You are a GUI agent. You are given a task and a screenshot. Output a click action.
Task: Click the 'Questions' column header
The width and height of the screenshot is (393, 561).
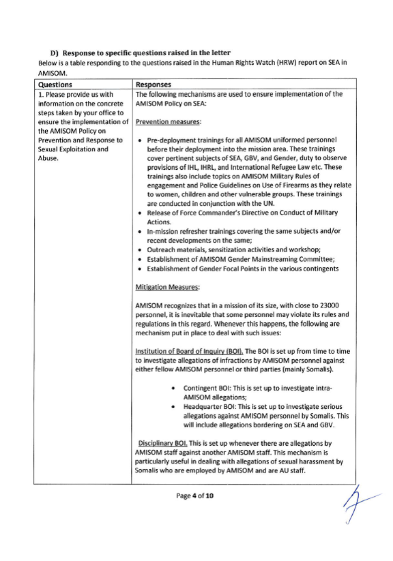click(55, 84)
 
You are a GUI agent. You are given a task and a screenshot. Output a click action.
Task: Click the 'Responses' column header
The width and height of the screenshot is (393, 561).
click(153, 84)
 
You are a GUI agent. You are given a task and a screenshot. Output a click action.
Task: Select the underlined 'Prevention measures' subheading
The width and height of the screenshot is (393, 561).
click(168, 122)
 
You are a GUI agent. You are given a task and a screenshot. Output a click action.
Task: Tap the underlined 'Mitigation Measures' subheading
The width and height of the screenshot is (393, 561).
click(167, 287)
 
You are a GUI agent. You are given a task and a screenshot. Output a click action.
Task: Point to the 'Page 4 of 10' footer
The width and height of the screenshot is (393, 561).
click(195, 495)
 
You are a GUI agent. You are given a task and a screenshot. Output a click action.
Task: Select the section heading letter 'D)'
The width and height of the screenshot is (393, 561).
click(54, 53)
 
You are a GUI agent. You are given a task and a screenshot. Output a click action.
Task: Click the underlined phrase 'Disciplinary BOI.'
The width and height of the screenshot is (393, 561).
click(162, 443)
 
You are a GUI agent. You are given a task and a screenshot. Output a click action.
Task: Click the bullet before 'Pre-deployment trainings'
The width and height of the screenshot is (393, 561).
click(140, 141)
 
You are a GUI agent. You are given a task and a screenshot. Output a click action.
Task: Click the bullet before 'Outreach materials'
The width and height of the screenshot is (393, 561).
click(140, 250)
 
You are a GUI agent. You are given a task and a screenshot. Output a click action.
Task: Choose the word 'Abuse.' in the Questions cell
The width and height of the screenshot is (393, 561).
click(48, 158)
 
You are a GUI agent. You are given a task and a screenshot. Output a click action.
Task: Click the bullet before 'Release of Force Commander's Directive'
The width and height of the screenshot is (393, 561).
click(140, 213)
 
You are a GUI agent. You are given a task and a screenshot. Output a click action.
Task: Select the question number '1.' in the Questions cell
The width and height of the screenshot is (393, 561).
click(41, 95)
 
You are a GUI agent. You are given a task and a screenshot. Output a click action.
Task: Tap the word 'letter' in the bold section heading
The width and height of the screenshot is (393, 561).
click(221, 53)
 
